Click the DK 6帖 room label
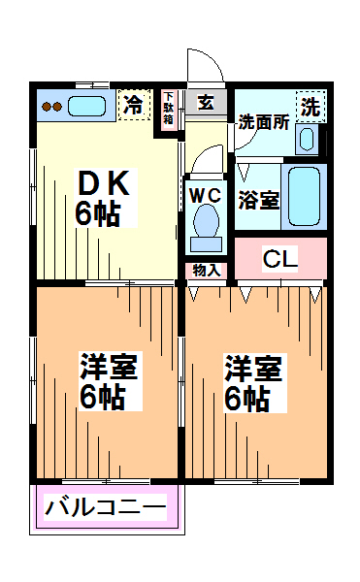[x=103, y=198]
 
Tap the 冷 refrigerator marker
[x=134, y=105]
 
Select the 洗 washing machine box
[x=311, y=107]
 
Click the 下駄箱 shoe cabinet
[x=169, y=110]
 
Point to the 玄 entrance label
[x=206, y=102]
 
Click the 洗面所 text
[x=264, y=121]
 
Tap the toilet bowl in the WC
[x=206, y=222]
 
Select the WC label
[x=206, y=195]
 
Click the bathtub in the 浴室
[x=304, y=196]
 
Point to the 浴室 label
[x=259, y=200]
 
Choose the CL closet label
[x=280, y=259]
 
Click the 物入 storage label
[x=207, y=270]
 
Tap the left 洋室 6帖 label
[x=110, y=381]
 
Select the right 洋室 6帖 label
[x=254, y=383]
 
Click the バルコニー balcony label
[x=106, y=506]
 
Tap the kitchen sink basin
[x=86, y=106]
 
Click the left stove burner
[x=46, y=107]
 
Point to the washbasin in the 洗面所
[x=307, y=139]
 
